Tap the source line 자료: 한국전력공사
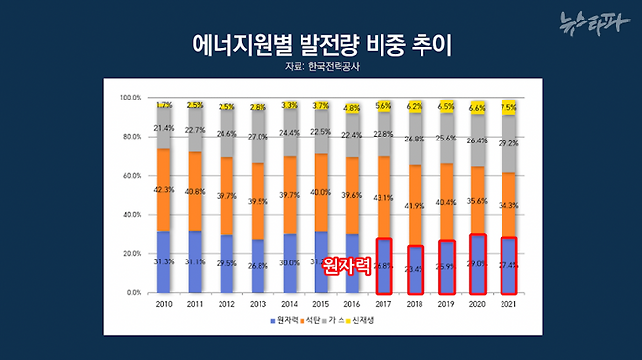[320, 69]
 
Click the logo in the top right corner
[594, 21]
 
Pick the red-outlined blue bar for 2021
[509, 264]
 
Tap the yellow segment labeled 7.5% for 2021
[509, 108]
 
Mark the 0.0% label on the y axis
[131, 293]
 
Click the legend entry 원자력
[284, 321]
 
